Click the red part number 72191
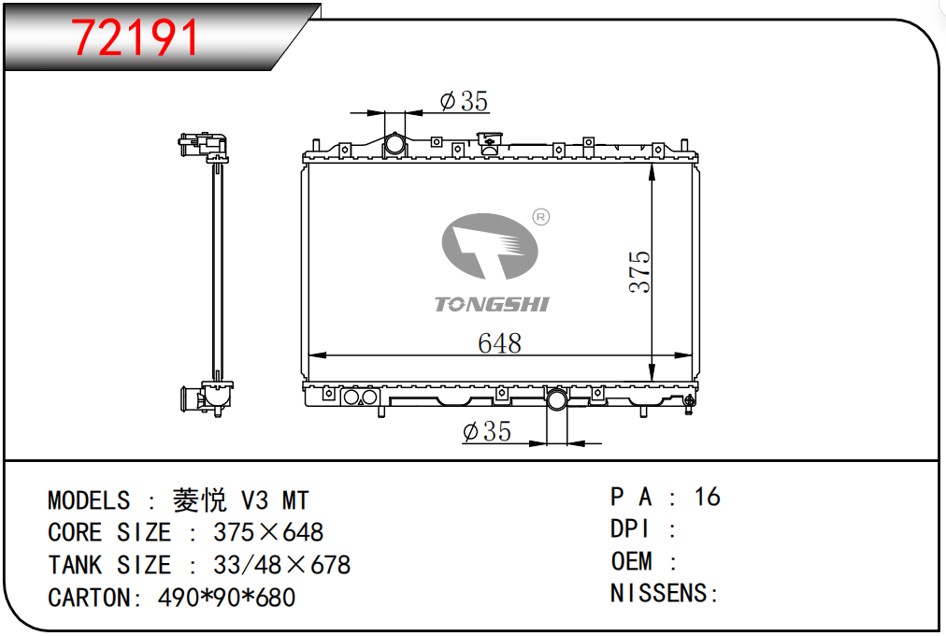click(x=136, y=37)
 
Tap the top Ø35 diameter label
click(x=464, y=101)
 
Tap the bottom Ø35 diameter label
click(x=487, y=431)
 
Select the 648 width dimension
click(x=499, y=343)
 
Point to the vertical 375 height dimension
click(x=639, y=272)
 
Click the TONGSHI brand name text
click(x=492, y=304)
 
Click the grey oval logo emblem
click(x=490, y=246)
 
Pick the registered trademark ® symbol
click(x=541, y=217)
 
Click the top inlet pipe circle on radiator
click(x=395, y=144)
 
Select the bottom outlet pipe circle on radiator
click(x=556, y=398)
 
